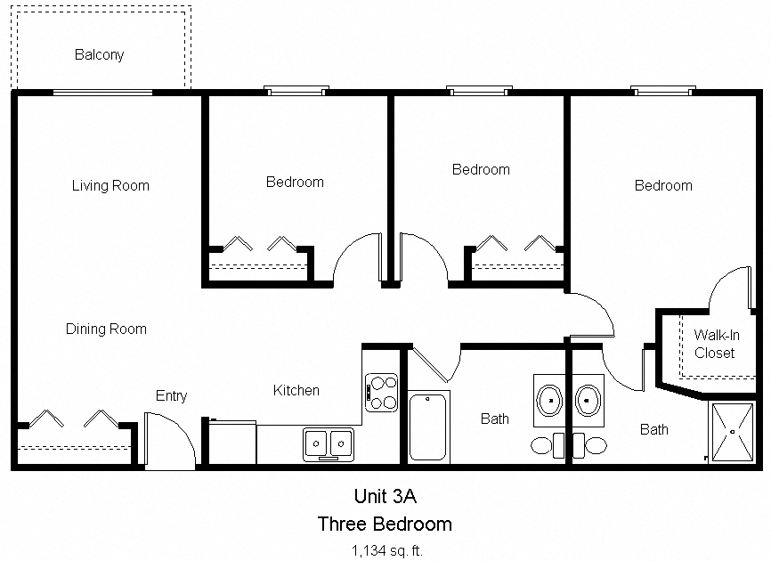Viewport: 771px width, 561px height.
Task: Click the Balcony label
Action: click(x=99, y=55)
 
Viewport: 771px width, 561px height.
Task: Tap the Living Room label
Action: click(x=110, y=186)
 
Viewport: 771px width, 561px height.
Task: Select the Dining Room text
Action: click(x=106, y=329)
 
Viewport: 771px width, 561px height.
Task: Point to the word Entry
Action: click(x=171, y=396)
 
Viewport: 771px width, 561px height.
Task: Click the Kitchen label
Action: click(x=296, y=391)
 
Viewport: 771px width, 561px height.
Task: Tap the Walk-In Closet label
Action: click(x=715, y=345)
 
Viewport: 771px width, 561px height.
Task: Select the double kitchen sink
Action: click(x=328, y=443)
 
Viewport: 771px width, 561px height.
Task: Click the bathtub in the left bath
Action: click(x=429, y=427)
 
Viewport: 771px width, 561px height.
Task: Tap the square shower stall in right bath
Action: click(x=732, y=432)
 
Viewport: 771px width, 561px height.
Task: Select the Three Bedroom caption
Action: click(x=385, y=524)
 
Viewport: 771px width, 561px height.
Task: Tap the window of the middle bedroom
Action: click(x=479, y=90)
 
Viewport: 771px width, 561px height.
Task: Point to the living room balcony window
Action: click(x=102, y=92)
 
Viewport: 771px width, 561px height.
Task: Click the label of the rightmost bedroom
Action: click(x=662, y=186)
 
